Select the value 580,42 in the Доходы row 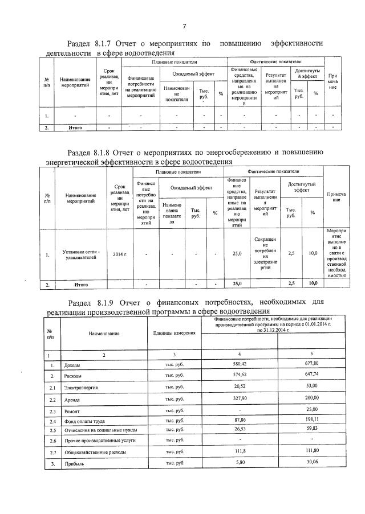point(239,364)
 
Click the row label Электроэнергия point(81,387)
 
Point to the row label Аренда point(72,399)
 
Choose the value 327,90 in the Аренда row point(239,399)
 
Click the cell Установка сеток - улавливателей point(82,254)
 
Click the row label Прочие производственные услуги point(96,441)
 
